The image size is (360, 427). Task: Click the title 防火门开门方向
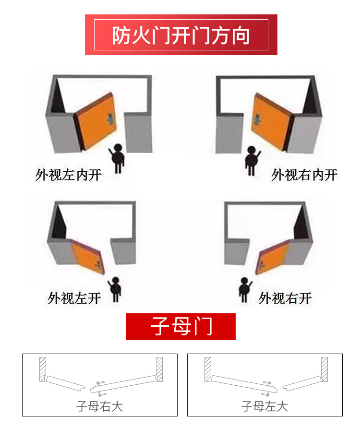(x=181, y=35)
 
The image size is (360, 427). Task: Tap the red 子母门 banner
(x=181, y=327)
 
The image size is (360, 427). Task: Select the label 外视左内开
(x=69, y=175)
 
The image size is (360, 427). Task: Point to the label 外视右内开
(x=304, y=175)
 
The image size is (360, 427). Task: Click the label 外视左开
(x=74, y=298)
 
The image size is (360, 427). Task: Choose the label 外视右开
(x=285, y=298)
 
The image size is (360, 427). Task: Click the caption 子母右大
(x=99, y=406)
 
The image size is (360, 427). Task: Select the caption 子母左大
(x=264, y=406)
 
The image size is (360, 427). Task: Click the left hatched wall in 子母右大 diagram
(x=42, y=369)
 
